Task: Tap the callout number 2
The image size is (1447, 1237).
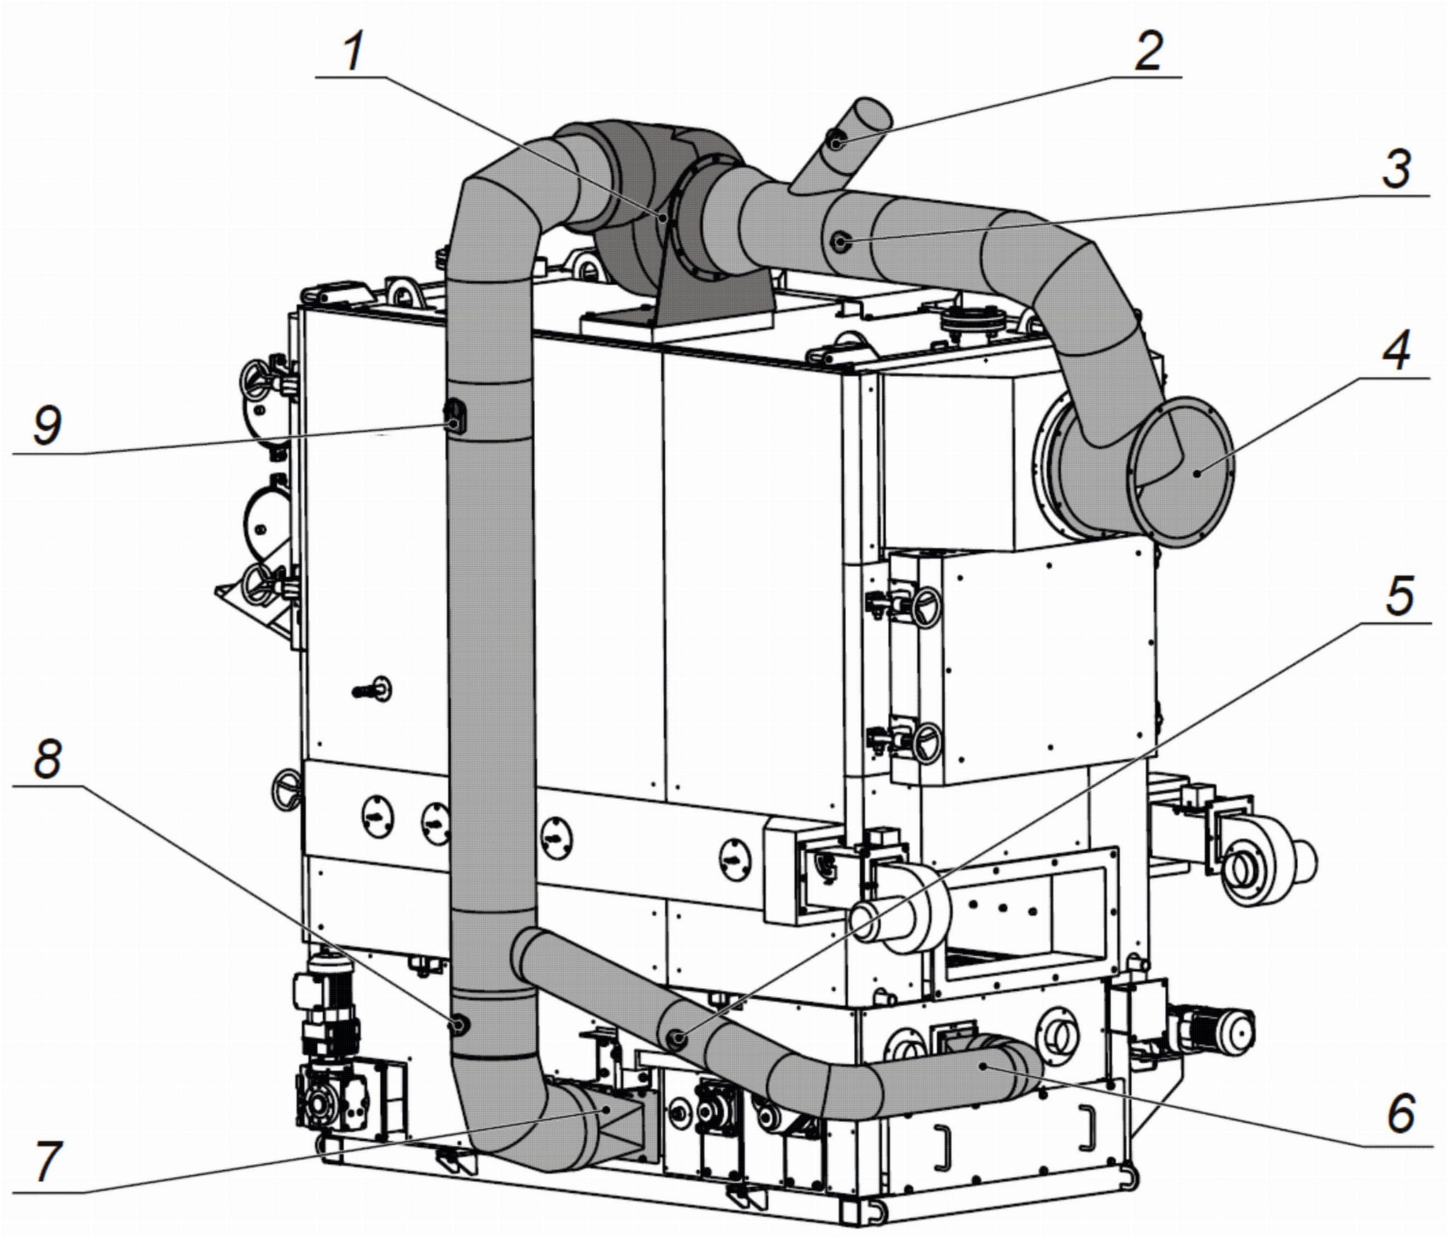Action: (x=1148, y=51)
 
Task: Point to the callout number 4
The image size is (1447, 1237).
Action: (x=1396, y=352)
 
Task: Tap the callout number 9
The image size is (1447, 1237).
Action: (x=47, y=426)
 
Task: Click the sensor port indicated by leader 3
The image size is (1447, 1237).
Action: (x=840, y=242)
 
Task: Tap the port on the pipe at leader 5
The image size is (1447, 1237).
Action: (x=676, y=1038)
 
